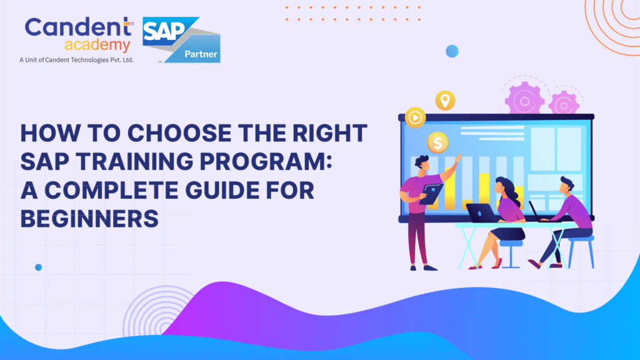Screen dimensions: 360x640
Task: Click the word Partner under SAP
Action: pyautogui.click(x=201, y=54)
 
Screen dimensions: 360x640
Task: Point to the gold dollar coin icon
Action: pyautogui.click(x=437, y=143)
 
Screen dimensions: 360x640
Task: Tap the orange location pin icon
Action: pyautogui.click(x=445, y=100)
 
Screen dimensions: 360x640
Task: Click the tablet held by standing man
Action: pyautogui.click(x=431, y=194)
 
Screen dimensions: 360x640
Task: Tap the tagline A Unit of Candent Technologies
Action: pyautogui.click(x=76, y=61)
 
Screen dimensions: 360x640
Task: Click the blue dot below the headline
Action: pyautogui.click(x=39, y=267)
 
